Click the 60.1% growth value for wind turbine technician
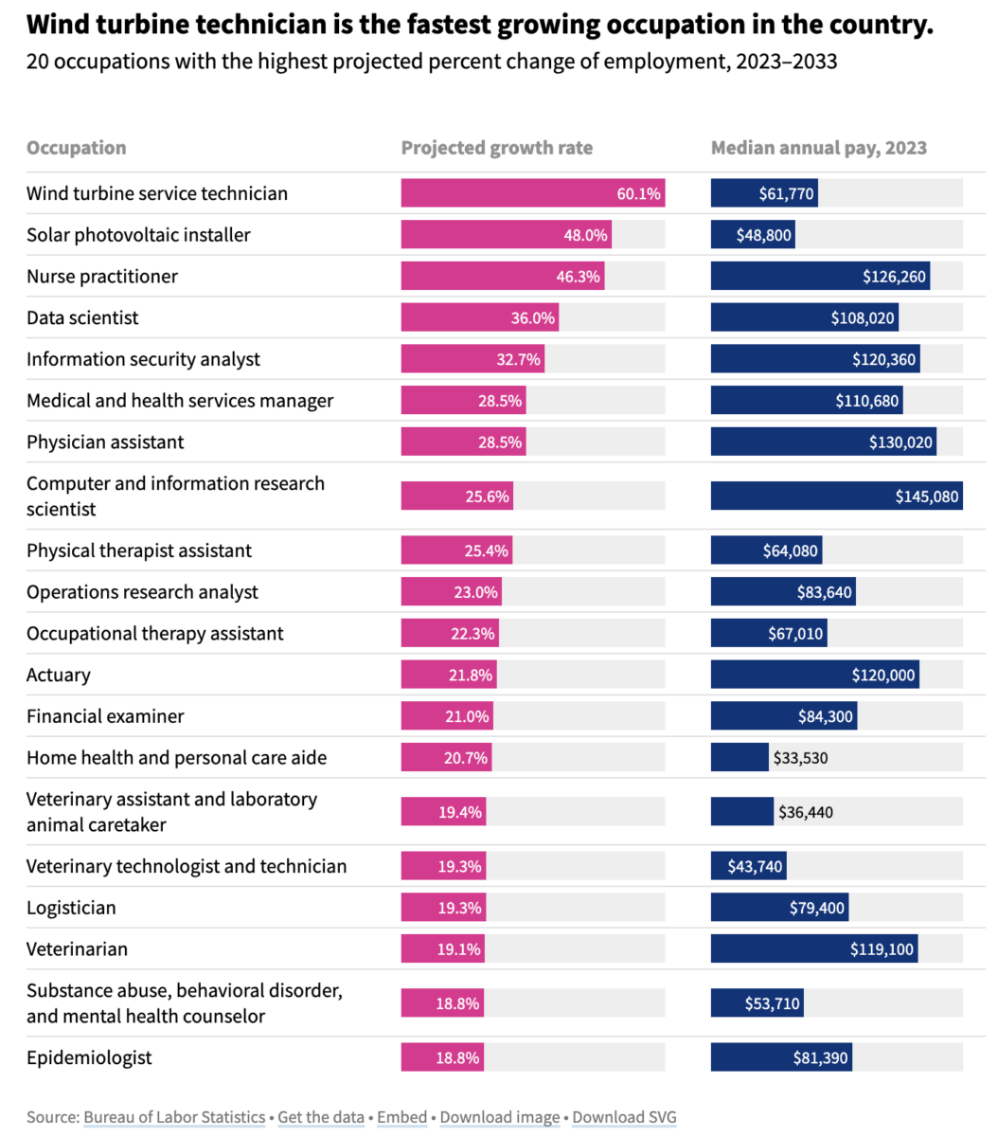point(638,193)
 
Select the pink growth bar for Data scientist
point(479,317)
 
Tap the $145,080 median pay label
point(926,496)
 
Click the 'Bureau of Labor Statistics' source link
point(174,1117)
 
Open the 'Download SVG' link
point(624,1117)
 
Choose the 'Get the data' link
point(321,1117)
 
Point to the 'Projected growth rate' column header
point(497,148)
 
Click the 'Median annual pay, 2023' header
point(819,148)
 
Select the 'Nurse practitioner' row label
point(102,277)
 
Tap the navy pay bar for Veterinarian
point(813,949)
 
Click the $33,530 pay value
point(801,758)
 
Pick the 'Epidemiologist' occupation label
point(89,1057)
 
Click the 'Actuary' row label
point(59,676)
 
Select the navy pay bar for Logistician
point(778,908)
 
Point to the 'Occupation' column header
point(76,148)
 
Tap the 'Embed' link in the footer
point(401,1117)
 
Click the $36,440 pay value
point(806,812)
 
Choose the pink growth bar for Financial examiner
point(446,716)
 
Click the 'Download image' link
point(500,1117)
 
